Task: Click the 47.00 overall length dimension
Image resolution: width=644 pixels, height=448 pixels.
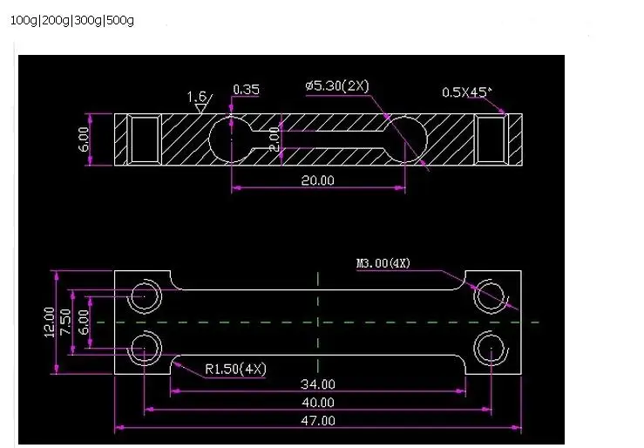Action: tap(318, 420)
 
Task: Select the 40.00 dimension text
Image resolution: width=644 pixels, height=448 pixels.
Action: tap(318, 403)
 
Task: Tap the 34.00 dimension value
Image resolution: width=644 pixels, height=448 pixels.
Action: tap(318, 384)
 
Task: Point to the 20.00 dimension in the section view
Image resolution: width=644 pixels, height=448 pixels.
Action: tap(317, 180)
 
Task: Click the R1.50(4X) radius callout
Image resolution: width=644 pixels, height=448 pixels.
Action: tap(235, 369)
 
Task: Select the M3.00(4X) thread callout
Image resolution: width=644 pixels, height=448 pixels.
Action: tap(383, 263)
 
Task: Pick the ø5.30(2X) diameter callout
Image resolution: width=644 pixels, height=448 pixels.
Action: tap(337, 85)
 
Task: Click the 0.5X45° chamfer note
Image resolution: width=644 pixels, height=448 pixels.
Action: tap(466, 92)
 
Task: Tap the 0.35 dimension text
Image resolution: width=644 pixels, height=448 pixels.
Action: tap(246, 89)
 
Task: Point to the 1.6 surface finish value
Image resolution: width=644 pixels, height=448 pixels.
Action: tap(196, 97)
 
